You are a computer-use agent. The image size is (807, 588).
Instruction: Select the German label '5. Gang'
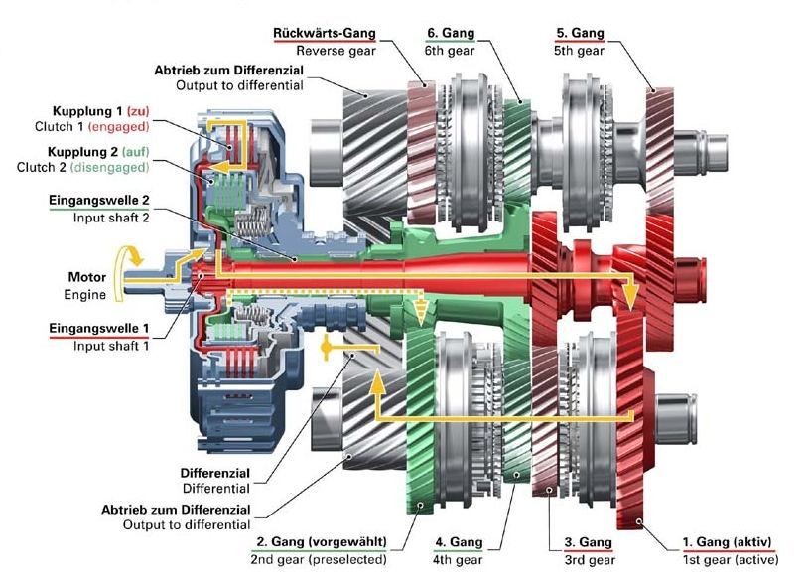coord(580,33)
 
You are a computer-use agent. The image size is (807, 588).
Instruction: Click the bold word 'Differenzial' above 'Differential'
coord(215,473)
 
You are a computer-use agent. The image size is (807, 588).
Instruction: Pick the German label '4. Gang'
coord(459,542)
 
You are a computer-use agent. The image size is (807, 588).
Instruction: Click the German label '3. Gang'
coord(589,542)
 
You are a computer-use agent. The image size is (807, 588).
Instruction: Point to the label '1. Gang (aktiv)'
coord(726,542)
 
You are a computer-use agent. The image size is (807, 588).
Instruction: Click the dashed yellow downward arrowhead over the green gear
coord(422,317)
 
